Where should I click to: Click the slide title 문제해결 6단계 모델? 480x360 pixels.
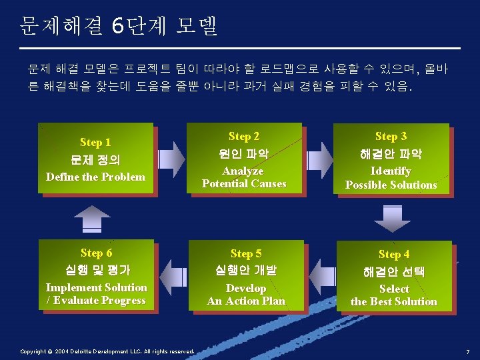[x=119, y=27]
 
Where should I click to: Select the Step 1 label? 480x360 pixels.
[x=95, y=142]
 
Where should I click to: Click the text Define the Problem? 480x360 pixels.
[x=95, y=177]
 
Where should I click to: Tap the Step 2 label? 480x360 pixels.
[x=244, y=136]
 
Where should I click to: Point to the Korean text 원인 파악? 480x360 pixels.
[x=244, y=154]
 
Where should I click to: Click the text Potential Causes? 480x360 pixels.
[x=244, y=184]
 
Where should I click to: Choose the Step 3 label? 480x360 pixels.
[x=391, y=137]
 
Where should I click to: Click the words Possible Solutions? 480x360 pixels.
[x=391, y=185]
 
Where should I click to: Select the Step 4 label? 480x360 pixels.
[x=393, y=254]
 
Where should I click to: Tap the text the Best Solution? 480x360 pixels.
[x=394, y=301]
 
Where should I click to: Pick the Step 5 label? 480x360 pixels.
[x=246, y=253]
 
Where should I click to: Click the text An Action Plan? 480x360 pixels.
[x=246, y=301]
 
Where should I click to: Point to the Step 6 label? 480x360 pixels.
[x=96, y=253]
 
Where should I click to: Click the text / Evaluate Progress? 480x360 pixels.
[x=96, y=300]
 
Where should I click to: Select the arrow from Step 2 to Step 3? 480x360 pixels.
[x=319, y=157]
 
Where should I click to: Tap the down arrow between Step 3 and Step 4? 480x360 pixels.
[x=392, y=217]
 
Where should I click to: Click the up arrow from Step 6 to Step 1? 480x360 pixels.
[x=92, y=218]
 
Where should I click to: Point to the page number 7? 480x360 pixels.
[x=468, y=351]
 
